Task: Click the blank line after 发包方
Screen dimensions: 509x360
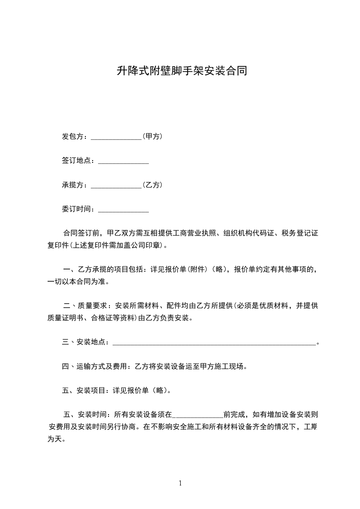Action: [117, 137]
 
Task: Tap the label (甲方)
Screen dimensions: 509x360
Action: [153, 136]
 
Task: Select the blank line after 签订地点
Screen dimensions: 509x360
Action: [123, 162]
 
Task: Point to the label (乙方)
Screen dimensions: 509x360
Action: [153, 185]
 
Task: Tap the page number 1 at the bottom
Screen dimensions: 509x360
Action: [180, 483]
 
